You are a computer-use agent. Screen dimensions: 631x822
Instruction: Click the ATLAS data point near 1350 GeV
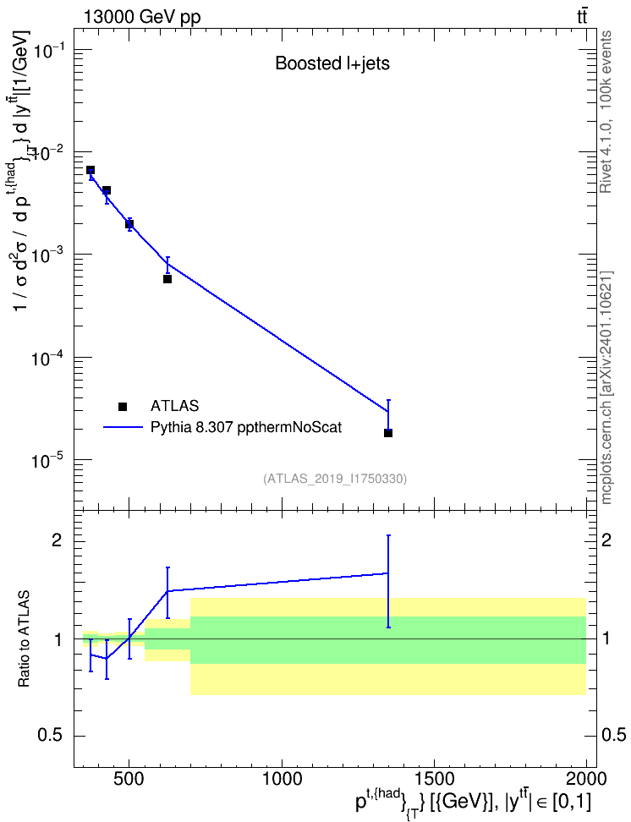click(388, 433)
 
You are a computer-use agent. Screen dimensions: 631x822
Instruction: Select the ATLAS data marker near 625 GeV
click(167, 279)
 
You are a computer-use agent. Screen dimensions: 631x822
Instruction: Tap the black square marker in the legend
click(123, 406)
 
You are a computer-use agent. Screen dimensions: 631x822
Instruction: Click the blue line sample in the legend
click(123, 427)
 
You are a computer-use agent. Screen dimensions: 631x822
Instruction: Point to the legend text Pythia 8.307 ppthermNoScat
click(246, 427)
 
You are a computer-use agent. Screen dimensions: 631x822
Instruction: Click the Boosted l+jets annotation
click(332, 63)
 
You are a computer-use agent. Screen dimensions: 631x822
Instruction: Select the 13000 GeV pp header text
click(141, 17)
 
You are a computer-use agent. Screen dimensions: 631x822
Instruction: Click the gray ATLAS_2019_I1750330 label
click(335, 478)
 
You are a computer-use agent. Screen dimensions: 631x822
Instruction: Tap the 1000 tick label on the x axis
click(282, 779)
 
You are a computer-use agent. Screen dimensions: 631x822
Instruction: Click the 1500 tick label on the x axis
click(434, 779)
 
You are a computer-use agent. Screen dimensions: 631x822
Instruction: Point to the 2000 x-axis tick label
click(586, 779)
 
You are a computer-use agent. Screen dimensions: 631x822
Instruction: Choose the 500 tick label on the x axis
click(129, 779)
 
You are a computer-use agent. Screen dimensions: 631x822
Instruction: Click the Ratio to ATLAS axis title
click(24, 638)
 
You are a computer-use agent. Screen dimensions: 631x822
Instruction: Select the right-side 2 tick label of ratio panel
click(606, 540)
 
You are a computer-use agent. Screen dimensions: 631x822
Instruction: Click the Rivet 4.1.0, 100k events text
click(606, 112)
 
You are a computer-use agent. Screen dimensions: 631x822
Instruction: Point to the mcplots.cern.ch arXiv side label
click(606, 387)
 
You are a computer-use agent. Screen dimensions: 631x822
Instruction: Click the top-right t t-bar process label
click(582, 17)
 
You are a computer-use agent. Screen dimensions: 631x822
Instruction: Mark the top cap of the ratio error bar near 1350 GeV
click(388, 535)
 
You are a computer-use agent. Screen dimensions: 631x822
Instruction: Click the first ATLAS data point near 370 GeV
click(91, 170)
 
